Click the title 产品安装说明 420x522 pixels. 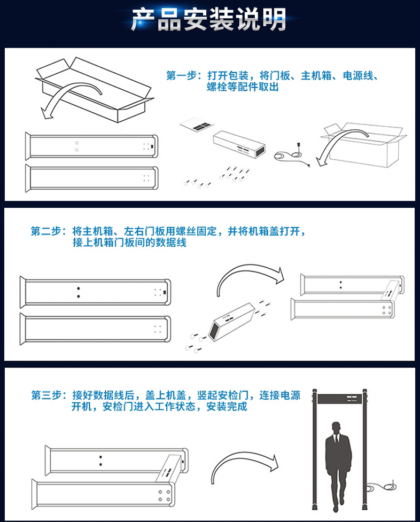coord(208,20)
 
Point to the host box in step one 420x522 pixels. coord(239,144)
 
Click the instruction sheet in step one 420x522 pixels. coord(197,124)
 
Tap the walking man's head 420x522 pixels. coord(337,428)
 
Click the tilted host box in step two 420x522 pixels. coord(231,322)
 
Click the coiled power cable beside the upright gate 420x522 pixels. coord(382,487)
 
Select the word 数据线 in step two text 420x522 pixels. coord(171,243)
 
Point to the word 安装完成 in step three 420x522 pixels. coord(227,407)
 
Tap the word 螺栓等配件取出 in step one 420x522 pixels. coord(243,87)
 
